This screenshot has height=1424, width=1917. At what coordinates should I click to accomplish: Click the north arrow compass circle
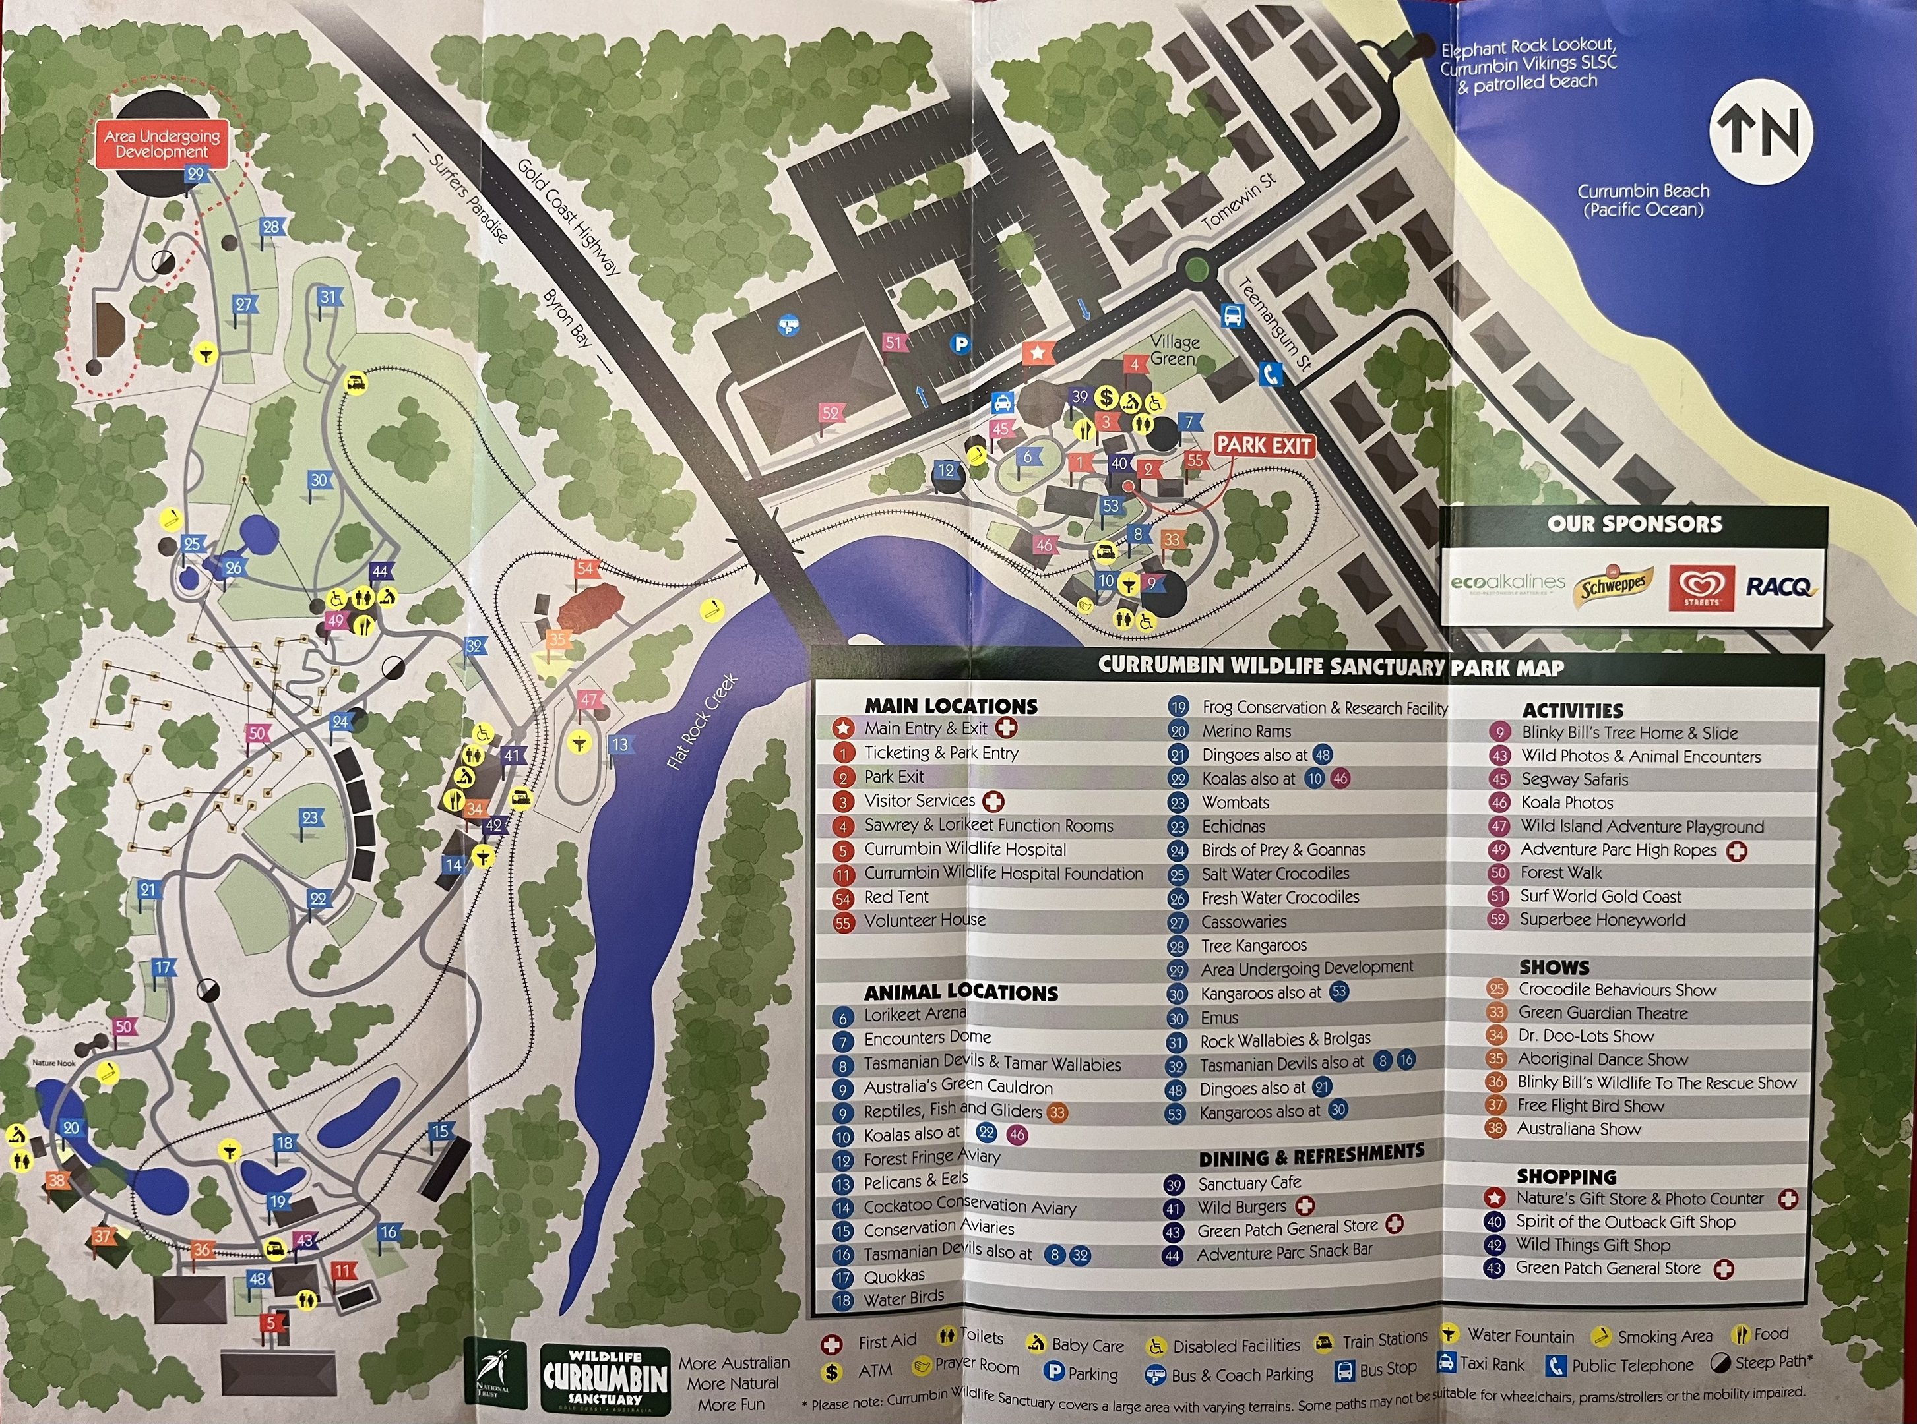click(1761, 133)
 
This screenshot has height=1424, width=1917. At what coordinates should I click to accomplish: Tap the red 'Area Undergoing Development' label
click(162, 144)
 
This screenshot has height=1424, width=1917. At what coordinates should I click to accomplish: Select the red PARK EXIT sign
click(1264, 446)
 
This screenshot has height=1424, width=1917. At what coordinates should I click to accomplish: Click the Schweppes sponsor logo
click(1613, 587)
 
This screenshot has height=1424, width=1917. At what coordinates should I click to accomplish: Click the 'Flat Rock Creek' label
click(703, 721)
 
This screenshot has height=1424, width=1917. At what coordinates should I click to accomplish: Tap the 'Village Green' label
click(1174, 350)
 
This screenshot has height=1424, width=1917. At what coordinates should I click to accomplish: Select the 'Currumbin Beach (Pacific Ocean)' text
click(1643, 200)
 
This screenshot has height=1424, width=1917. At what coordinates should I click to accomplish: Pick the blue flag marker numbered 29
click(196, 174)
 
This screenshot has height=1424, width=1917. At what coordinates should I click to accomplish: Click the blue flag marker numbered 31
click(328, 297)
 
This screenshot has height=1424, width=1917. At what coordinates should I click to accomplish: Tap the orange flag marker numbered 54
click(586, 569)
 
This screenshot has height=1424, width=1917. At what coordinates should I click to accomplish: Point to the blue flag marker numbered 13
click(620, 745)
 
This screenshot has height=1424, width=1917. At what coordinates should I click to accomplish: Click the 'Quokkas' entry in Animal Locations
click(893, 1276)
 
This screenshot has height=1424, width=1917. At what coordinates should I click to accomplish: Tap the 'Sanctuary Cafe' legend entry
click(1249, 1183)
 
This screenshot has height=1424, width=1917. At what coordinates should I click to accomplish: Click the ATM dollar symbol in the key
click(831, 1371)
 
